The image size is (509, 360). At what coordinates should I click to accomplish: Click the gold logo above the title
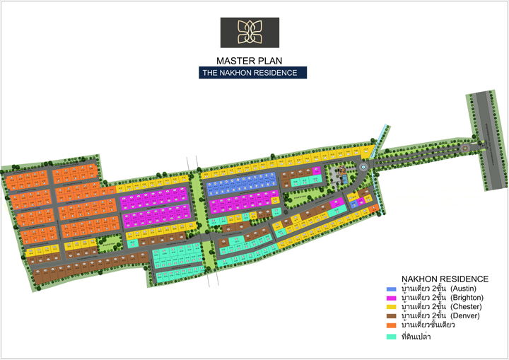coord(249,33)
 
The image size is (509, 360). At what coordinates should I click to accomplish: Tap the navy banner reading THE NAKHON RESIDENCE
coord(252,73)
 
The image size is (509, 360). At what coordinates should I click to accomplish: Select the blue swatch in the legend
coord(391,289)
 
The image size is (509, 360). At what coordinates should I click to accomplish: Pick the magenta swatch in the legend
coord(391,298)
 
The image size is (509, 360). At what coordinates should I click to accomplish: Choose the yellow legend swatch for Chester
coord(391,308)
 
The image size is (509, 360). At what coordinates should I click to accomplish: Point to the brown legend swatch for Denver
coord(391,316)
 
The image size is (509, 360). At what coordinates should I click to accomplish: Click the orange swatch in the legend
coord(391,325)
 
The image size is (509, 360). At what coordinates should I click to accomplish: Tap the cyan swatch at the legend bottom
coord(391,337)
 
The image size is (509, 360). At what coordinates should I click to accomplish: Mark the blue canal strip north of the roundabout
coord(382,136)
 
